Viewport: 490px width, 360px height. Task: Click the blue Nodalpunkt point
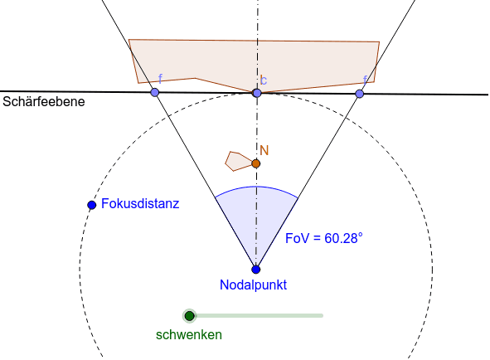point(256,270)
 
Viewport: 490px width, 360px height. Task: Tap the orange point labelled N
point(256,163)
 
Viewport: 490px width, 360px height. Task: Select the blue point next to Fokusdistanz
point(91,205)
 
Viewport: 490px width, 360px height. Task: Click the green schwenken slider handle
point(189,315)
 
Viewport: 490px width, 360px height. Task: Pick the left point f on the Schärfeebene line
point(155,92)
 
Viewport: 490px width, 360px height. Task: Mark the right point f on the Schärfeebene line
point(360,94)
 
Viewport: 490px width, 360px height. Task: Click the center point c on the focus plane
point(257,93)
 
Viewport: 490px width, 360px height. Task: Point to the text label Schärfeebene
point(44,102)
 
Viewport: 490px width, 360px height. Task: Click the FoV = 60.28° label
point(324,238)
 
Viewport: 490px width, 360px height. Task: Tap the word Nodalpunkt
point(253,285)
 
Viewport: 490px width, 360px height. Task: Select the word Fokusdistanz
point(140,203)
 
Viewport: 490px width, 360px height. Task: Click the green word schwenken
point(189,334)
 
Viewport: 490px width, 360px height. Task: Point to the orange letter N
point(264,150)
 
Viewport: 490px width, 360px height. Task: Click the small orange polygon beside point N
point(238,162)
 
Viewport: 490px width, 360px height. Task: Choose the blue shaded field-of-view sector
point(256,219)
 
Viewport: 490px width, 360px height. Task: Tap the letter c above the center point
point(264,80)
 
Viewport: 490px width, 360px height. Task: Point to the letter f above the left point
point(160,79)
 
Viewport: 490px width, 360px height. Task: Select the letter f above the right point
point(365,80)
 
